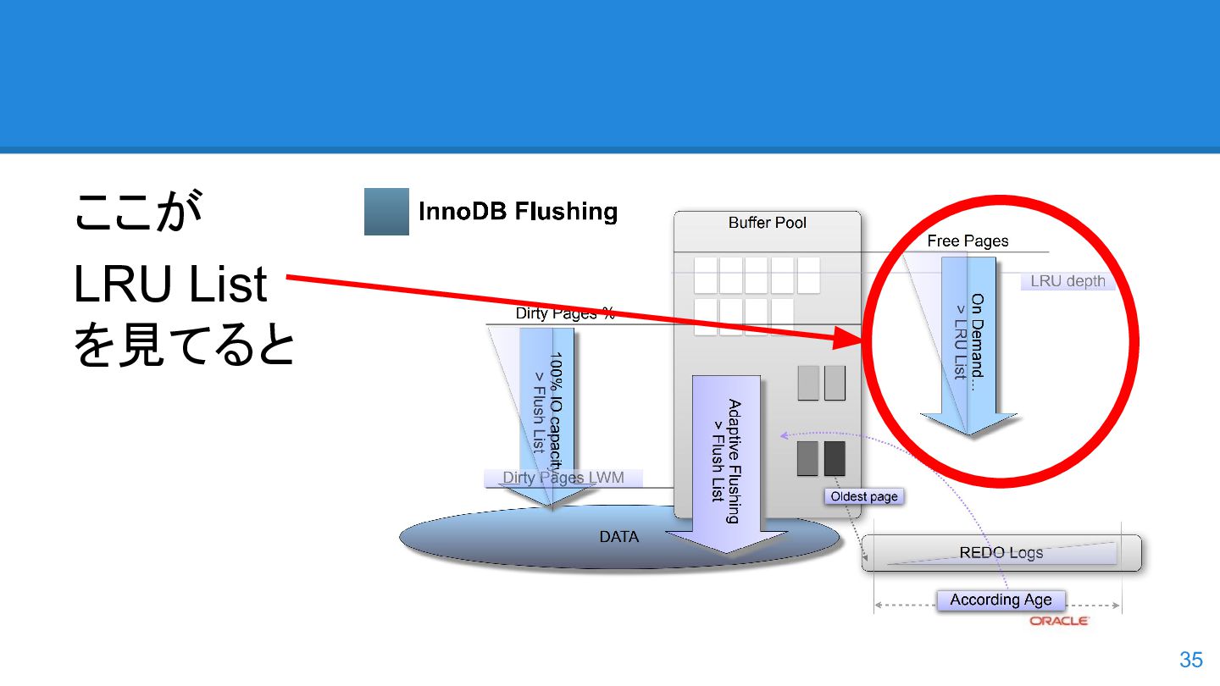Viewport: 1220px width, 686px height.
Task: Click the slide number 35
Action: tap(1190, 660)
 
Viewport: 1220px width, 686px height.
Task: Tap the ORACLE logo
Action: tap(1059, 622)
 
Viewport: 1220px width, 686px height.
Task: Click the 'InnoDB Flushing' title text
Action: tap(518, 212)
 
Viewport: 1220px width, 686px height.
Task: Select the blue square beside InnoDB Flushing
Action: tap(386, 212)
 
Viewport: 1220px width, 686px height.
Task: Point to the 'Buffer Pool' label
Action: tap(767, 223)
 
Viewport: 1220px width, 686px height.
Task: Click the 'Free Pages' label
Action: tap(968, 241)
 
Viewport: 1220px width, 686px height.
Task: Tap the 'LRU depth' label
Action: tap(1067, 281)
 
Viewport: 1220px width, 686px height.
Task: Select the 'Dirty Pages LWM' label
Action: tap(563, 478)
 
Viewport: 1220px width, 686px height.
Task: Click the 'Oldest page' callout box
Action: tap(863, 496)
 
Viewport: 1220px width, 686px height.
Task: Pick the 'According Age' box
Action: tap(1001, 600)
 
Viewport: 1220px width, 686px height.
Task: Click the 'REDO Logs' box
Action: tap(1001, 553)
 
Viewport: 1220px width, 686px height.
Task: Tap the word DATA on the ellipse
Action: tap(618, 537)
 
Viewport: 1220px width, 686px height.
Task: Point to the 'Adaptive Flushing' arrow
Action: tap(726, 457)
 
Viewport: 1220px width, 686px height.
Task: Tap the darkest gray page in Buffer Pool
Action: tap(835, 458)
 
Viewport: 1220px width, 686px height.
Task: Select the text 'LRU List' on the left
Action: tap(170, 285)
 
